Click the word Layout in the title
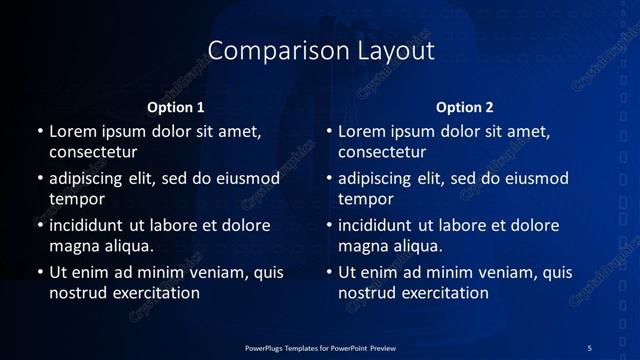(391, 51)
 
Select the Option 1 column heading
(176, 107)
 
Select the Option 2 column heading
(465, 107)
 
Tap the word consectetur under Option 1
(93, 153)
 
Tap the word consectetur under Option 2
(382, 153)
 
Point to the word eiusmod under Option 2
(533, 179)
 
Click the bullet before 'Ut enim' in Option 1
(39, 272)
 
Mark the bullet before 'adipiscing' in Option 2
(329, 179)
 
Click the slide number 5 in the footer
(589, 347)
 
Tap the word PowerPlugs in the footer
(265, 347)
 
